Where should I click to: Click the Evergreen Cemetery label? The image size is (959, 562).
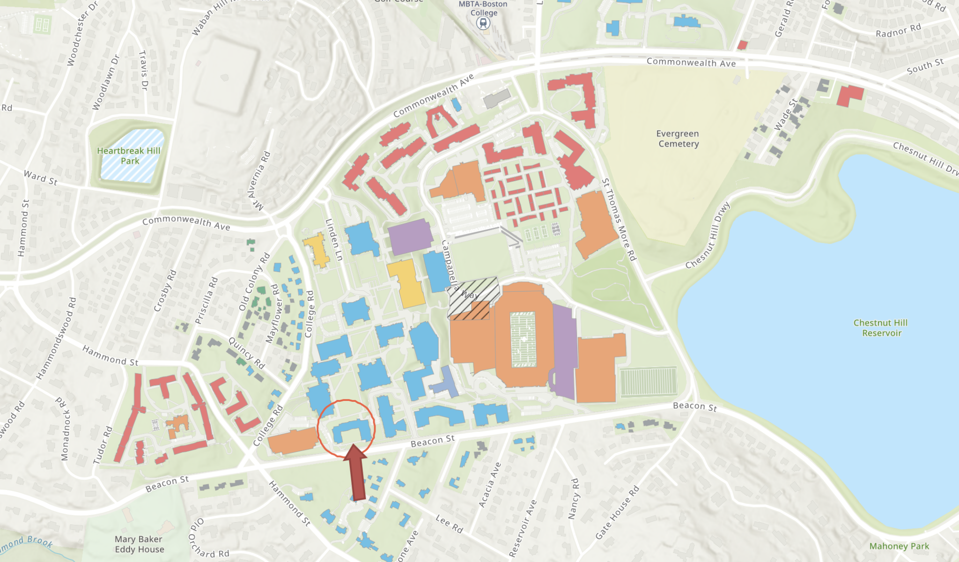(x=678, y=139)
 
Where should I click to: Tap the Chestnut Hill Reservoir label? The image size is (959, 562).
(x=881, y=328)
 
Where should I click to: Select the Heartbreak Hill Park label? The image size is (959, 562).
(x=129, y=155)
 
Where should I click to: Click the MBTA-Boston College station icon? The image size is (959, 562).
(x=483, y=23)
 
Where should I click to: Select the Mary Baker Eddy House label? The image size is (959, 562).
(x=139, y=544)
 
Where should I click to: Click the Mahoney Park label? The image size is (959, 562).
(x=899, y=546)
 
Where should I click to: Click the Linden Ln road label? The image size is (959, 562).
(x=334, y=240)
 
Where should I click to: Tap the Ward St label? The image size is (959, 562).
(x=40, y=178)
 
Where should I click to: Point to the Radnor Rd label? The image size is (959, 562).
(x=898, y=30)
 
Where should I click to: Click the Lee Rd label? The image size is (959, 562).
(x=449, y=524)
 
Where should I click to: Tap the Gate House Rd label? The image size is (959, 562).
(x=617, y=512)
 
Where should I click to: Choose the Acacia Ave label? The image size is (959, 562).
(x=490, y=485)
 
